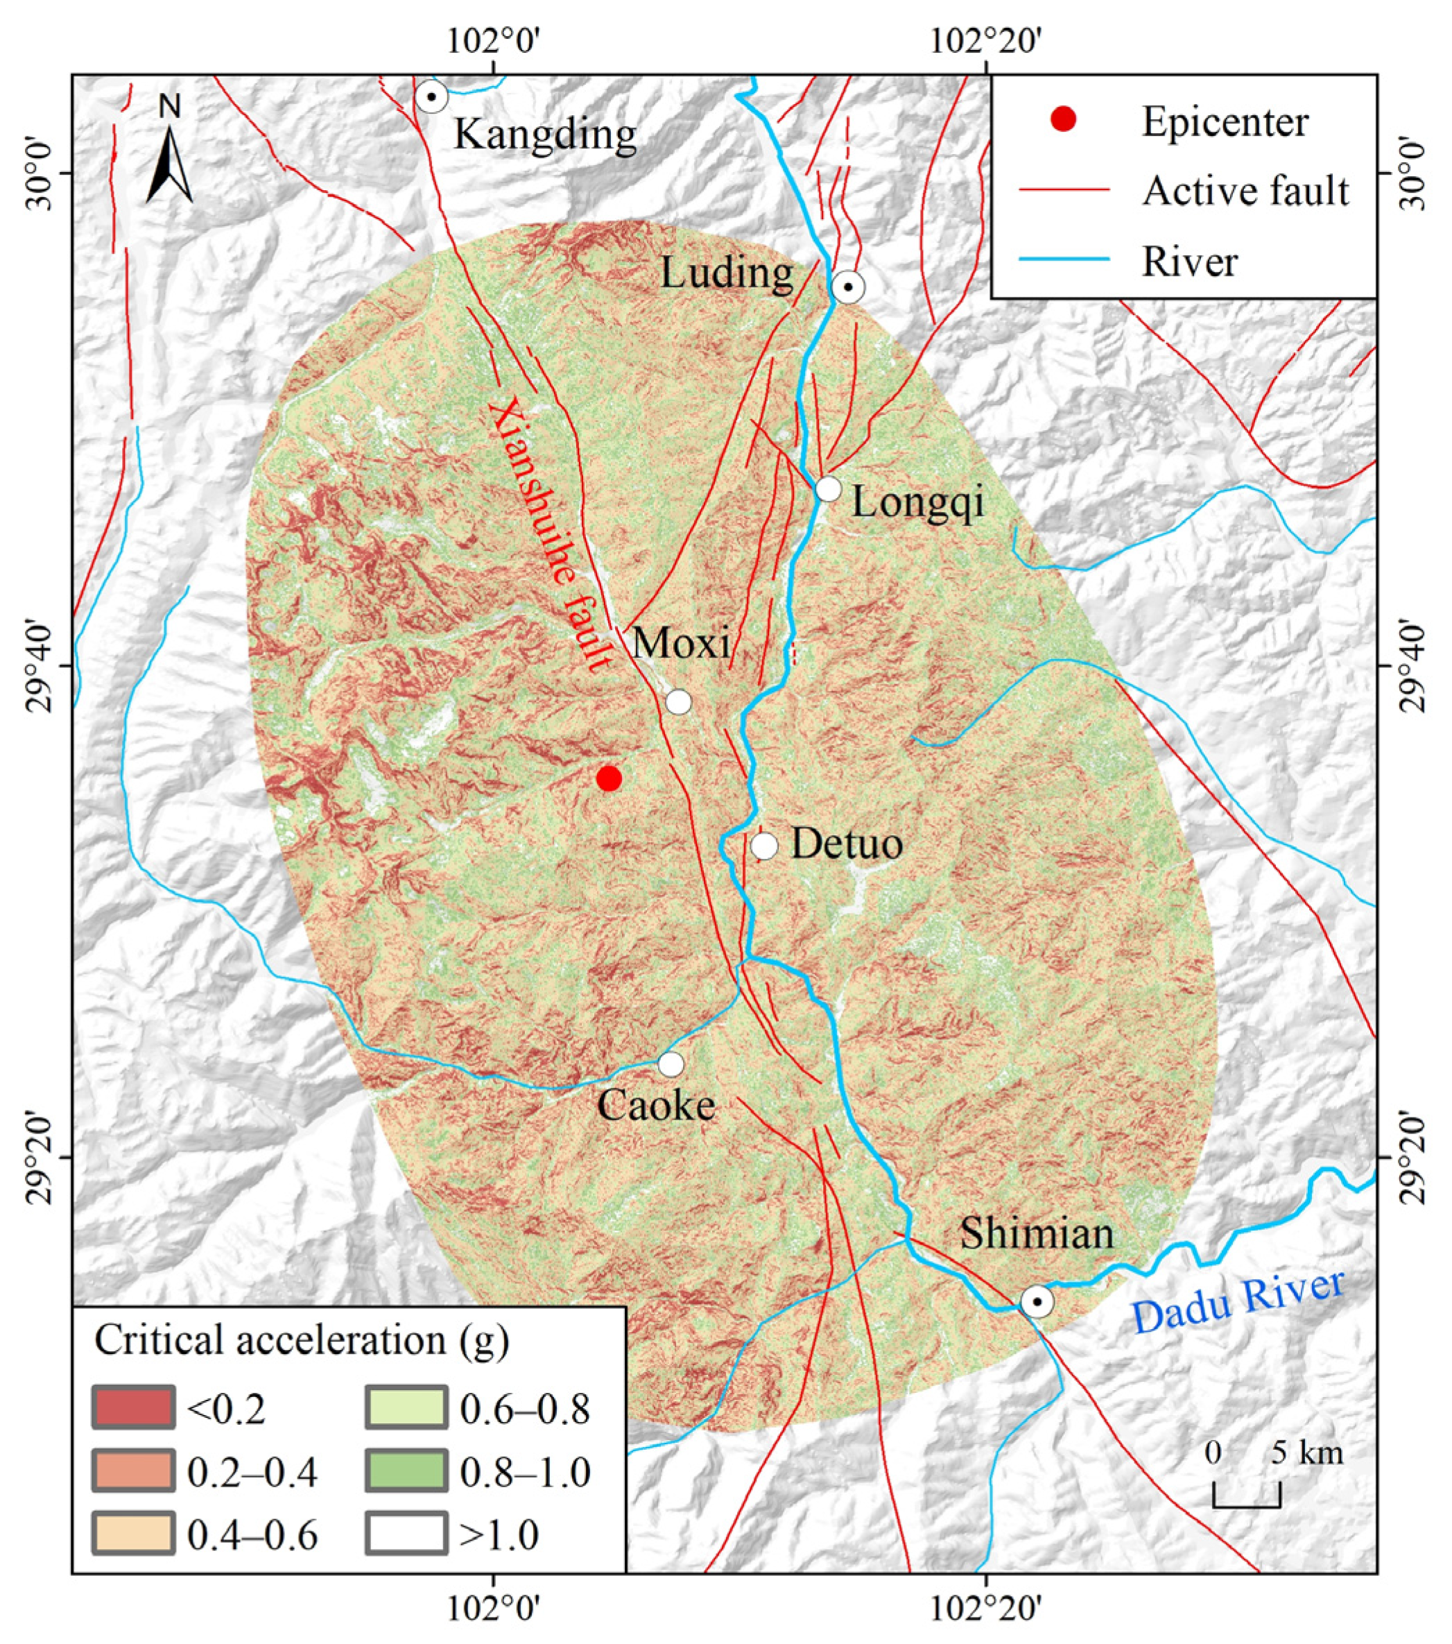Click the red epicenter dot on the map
(x=609, y=778)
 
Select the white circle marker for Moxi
(x=679, y=701)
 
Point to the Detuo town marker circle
(x=763, y=846)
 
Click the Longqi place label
(x=918, y=503)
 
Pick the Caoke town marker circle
(x=671, y=1064)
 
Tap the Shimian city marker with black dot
(x=1037, y=1301)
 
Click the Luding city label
(x=726, y=273)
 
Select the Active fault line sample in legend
(x=1064, y=190)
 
